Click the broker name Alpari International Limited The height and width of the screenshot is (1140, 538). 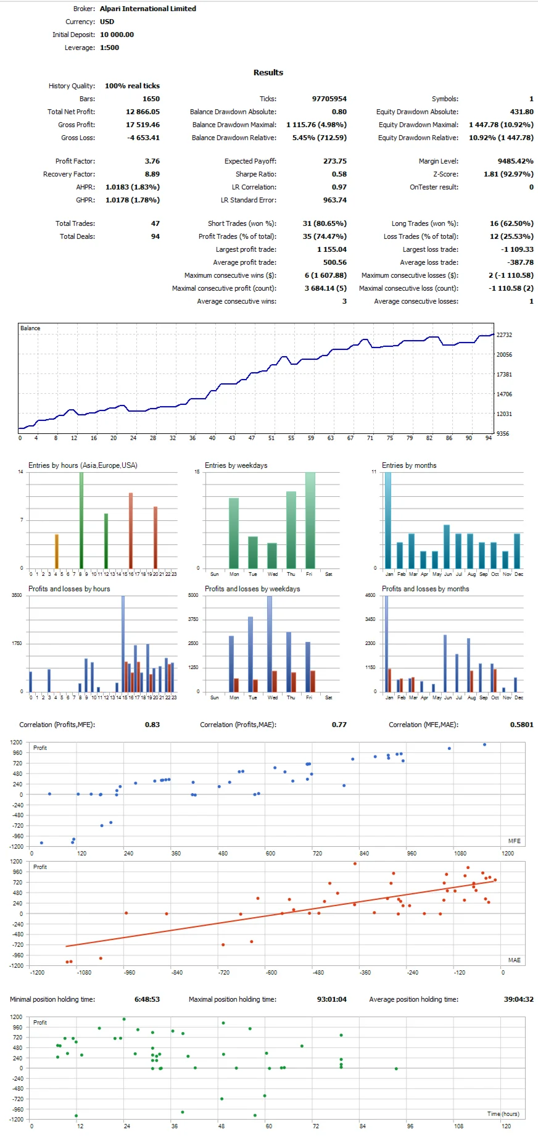coord(147,9)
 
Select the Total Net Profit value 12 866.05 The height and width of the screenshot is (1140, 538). coord(143,112)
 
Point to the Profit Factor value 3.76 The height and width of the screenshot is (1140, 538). coord(152,161)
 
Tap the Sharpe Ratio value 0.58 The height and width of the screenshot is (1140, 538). coord(339,174)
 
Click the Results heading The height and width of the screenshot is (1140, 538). coord(268,72)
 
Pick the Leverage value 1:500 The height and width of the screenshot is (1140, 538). coord(109,48)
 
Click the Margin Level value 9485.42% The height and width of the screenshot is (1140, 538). coord(515,161)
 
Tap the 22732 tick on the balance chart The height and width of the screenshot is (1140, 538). coord(504,335)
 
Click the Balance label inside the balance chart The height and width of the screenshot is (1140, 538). coord(30,328)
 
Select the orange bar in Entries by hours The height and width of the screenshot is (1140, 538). coord(57,551)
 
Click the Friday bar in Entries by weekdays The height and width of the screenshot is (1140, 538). coord(310,520)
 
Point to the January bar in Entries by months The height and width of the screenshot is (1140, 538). coord(388,520)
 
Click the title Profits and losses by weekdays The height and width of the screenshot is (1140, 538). coord(252,589)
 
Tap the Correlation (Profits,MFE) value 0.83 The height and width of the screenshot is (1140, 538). coord(152,725)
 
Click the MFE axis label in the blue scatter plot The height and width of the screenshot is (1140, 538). coord(514,841)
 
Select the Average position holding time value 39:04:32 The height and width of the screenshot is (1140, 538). coord(518,999)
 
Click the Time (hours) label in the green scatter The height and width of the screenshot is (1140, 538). coord(503,1114)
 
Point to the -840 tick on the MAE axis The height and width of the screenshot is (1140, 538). coord(177,972)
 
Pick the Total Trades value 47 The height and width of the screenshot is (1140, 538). coord(155,223)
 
